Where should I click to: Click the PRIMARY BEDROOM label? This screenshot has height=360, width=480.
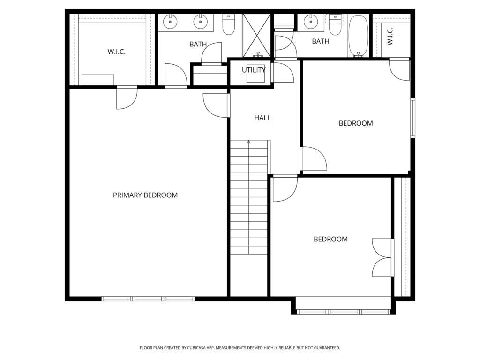coord(145,195)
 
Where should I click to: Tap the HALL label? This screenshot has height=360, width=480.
coord(262,118)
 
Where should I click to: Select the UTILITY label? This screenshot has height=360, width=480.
coord(254,70)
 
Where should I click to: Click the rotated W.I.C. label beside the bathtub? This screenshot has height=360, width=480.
coord(390,36)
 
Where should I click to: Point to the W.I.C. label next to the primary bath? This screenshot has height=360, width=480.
coord(116,52)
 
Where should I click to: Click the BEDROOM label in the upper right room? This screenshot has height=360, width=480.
coord(356,123)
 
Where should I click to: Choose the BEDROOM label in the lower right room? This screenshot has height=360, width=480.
coord(330,239)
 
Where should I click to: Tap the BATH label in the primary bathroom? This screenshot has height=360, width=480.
coord(198,44)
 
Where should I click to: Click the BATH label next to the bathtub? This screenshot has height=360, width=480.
coord(321,41)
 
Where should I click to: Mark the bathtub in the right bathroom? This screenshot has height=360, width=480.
coord(359,36)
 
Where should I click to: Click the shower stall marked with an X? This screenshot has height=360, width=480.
coord(256,35)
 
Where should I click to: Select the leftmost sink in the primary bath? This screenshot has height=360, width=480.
coord(171,21)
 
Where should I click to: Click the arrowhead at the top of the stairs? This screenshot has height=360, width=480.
coord(249,142)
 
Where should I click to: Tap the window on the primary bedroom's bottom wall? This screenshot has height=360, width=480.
coord(148,299)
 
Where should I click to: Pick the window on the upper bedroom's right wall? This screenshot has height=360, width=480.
coord(412,118)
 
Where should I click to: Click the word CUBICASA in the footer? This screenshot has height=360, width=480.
coord(195,348)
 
